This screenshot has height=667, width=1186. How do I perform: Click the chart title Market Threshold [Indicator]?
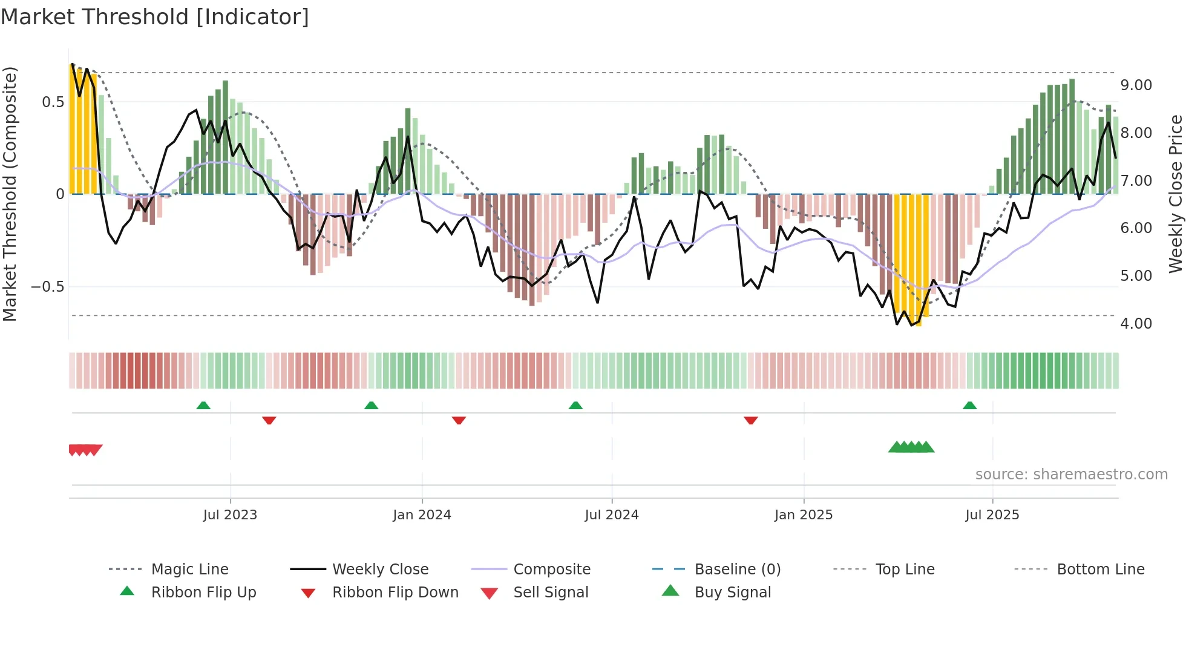click(155, 17)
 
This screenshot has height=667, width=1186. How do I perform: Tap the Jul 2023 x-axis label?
click(230, 515)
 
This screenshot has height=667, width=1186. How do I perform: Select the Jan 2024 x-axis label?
click(422, 515)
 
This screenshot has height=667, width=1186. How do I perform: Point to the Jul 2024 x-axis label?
click(612, 515)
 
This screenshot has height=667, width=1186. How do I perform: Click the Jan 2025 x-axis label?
click(804, 515)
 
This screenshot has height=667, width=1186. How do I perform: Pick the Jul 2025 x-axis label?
click(992, 515)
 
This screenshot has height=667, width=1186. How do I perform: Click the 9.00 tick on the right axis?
click(1136, 85)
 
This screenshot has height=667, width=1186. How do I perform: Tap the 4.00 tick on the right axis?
click(1136, 324)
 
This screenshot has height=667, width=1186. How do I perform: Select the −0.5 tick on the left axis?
click(48, 287)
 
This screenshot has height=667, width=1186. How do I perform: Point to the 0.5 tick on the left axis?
click(53, 102)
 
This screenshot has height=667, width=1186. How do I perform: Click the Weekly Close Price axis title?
click(1175, 194)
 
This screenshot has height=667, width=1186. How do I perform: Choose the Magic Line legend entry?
click(189, 570)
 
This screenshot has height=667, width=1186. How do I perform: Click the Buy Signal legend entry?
click(732, 593)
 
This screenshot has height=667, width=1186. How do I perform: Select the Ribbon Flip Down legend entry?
click(395, 593)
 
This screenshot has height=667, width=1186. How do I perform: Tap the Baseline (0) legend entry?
click(737, 570)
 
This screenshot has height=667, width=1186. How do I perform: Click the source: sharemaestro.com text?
click(1071, 475)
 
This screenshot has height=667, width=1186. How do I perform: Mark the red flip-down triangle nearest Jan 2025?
click(751, 420)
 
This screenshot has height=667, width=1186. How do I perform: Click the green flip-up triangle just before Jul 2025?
click(970, 406)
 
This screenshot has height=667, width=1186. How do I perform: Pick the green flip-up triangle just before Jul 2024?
click(575, 406)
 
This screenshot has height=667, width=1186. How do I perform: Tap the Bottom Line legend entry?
click(1100, 570)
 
